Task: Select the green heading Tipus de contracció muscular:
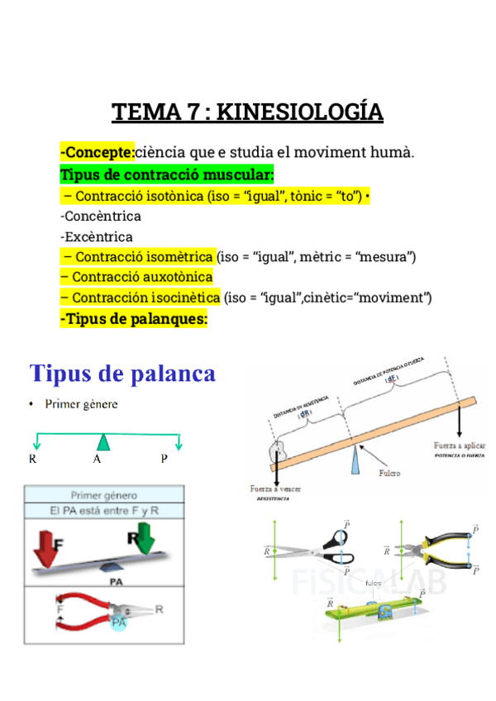point(167,174)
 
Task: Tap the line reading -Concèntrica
point(101,217)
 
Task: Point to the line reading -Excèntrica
point(97,237)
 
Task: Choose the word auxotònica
point(175,277)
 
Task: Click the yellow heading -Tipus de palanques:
point(133,318)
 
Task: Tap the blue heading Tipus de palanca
point(122,374)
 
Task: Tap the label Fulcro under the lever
point(389,474)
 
